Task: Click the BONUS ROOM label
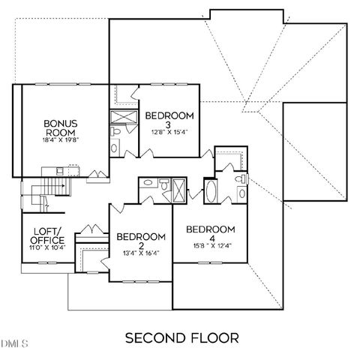pyautogui.click(x=61, y=127)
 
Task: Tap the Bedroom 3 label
pyautogui.click(x=169, y=120)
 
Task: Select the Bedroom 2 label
pyautogui.click(x=139, y=241)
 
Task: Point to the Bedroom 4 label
pyautogui.click(x=210, y=233)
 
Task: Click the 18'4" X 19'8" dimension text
pyautogui.click(x=61, y=139)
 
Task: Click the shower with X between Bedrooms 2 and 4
pyautogui.click(x=179, y=187)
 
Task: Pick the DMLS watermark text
pyautogui.click(x=14, y=346)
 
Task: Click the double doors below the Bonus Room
pyautogui.click(x=95, y=177)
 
